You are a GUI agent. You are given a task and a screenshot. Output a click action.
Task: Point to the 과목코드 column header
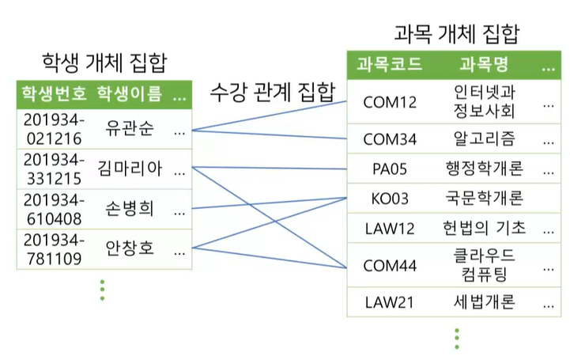pos(389,64)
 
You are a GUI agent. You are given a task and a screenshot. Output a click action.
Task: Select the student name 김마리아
pos(130,168)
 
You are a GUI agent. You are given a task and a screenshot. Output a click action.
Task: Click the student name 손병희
pos(130,208)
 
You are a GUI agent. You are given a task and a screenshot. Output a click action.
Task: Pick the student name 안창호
pos(130,248)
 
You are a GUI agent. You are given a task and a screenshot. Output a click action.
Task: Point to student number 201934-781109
pos(54,248)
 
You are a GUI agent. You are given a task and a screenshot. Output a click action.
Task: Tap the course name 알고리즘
pos(485,139)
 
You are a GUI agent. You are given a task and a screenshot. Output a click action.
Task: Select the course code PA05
pos(390,169)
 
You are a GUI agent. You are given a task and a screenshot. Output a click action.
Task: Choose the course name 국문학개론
pos(485,198)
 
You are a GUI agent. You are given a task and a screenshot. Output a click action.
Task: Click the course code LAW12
pos(390,229)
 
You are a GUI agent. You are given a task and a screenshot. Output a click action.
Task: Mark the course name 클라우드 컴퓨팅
pos(485,264)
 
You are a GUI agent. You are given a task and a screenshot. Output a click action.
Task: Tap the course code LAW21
pos(390,301)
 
